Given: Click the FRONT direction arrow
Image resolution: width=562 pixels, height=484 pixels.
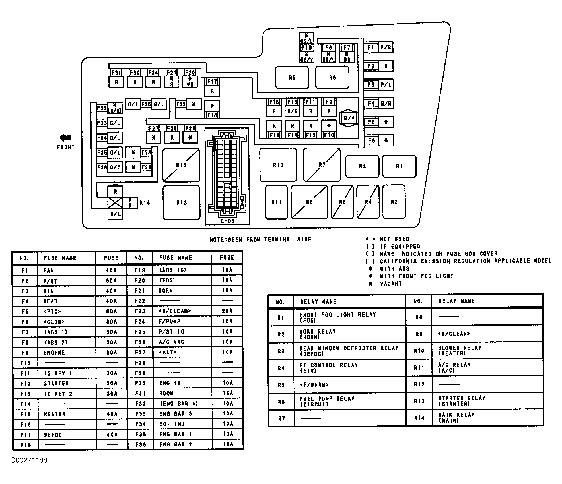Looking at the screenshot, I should point(65,138).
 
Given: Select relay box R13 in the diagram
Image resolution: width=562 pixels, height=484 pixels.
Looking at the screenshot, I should point(182,202).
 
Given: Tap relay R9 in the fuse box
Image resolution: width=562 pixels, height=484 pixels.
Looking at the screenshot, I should point(292,78).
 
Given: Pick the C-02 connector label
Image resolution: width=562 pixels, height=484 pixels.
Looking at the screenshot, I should point(227,221).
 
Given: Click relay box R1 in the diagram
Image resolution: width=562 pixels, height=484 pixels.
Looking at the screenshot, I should point(399,166).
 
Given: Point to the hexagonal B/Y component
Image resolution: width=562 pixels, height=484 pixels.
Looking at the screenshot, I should point(349,118).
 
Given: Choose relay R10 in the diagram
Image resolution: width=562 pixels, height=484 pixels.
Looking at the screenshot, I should point(278,165).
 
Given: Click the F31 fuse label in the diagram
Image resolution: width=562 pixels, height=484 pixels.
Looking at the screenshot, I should point(116,73).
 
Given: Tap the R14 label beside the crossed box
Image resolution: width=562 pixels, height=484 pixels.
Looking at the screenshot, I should point(145,203).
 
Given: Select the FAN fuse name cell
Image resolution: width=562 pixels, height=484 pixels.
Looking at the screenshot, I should point(49,270).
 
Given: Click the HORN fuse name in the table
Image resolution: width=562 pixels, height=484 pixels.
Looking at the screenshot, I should point(166,291).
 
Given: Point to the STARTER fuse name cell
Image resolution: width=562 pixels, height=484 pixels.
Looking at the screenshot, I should point(56,383).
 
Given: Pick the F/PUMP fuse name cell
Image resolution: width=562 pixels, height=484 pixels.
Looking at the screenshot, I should point(170,321).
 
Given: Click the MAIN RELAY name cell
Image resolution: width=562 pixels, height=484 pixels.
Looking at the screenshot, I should point(456,417).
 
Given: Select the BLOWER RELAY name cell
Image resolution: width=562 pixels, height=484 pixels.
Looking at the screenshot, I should point(460,350).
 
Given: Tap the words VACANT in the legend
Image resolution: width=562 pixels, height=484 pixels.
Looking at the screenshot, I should point(391,284).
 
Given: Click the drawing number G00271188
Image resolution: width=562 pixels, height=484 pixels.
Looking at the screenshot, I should point(29,460).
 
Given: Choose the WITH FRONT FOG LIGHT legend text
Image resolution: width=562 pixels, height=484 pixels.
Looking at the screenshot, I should point(417,276).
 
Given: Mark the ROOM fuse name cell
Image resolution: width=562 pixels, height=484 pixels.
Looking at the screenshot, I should point(166,393).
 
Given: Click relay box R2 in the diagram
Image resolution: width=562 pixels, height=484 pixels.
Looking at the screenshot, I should point(394,202).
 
